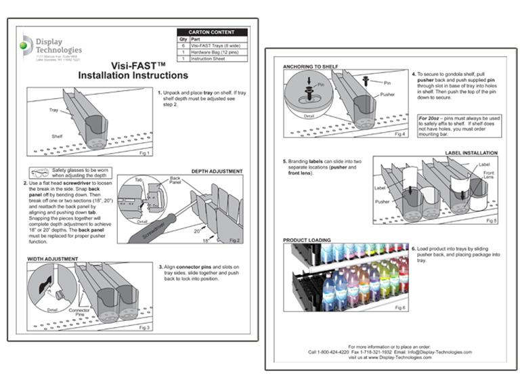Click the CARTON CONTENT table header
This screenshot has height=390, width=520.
(x=212, y=32)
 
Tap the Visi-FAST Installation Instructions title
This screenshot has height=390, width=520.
(x=132, y=70)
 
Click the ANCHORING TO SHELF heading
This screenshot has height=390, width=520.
(x=311, y=66)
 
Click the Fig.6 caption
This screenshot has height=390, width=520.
(x=399, y=307)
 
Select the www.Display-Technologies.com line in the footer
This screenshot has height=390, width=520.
(x=389, y=358)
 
